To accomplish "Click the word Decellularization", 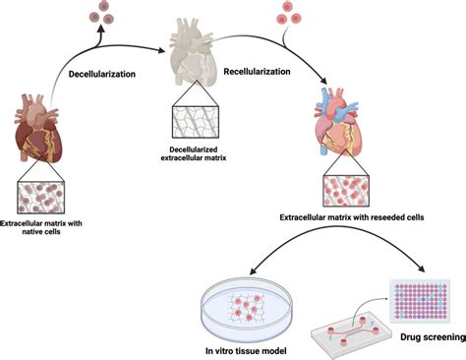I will coord(103,74).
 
